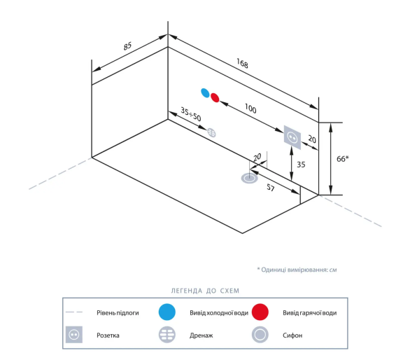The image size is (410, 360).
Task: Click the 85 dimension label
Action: coord(127,46)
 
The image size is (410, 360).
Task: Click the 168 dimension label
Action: coord(242,63)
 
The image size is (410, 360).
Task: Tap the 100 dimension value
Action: coord(250,108)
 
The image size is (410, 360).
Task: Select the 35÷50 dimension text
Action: coord(191,114)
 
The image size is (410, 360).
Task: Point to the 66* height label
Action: coord(343,159)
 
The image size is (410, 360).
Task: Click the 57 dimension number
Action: coord(271,187)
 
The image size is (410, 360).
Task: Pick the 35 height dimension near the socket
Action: coord(301,165)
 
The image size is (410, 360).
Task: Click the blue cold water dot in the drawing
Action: coord(205,92)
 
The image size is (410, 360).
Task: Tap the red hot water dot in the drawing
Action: coord(215,97)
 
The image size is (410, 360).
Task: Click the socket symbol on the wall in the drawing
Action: coord(292,137)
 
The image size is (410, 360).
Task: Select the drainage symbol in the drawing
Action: coord(211,132)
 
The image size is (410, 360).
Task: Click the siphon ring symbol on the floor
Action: coord(250,179)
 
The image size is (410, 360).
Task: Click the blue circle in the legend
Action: coord(167,312)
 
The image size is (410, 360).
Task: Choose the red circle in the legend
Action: coord(260,312)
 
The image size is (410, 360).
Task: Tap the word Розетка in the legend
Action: coord(108,335)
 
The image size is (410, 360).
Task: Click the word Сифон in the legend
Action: coord(292,335)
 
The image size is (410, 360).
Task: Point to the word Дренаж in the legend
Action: coord(201,335)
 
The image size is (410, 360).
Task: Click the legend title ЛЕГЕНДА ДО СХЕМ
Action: coord(205,291)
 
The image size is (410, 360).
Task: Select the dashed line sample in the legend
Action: coord(74,312)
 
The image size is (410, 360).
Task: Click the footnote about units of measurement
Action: coord(297,270)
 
